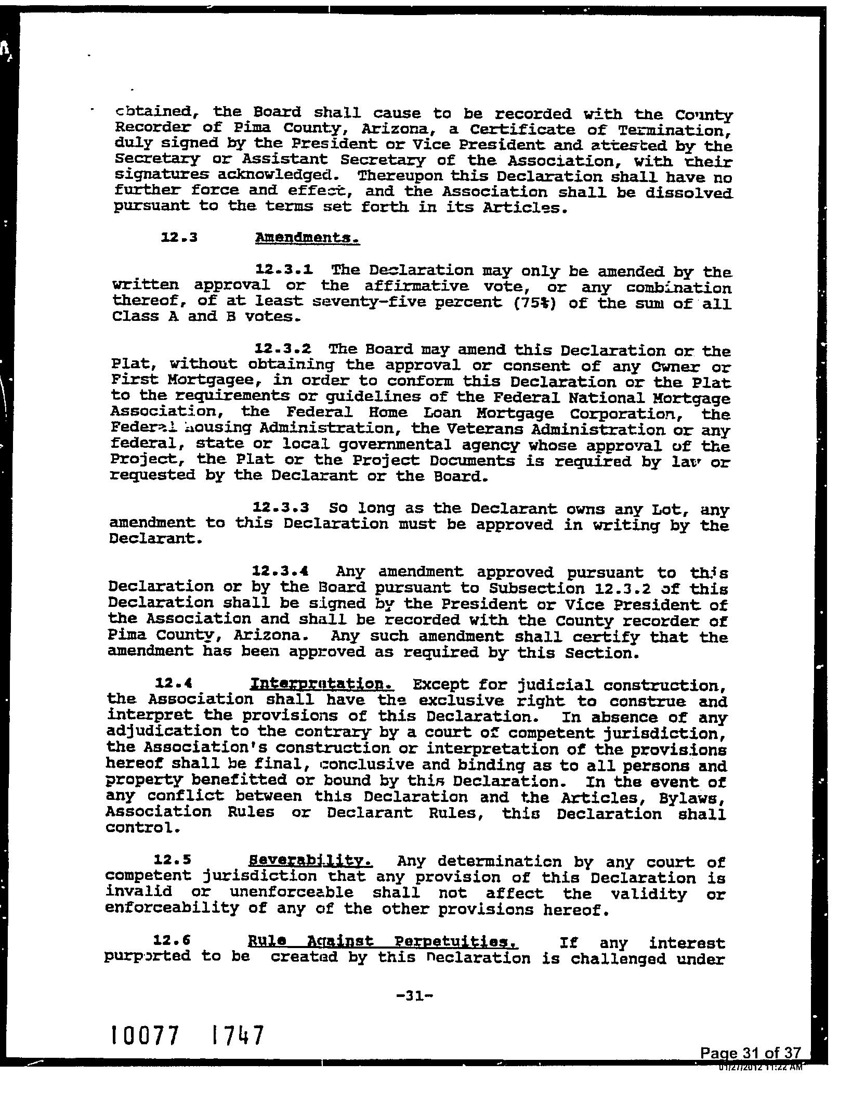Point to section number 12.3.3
pyautogui.click(x=281, y=507)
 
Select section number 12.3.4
pyautogui.click(x=281, y=571)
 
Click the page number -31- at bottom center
pyautogui.click(x=414, y=996)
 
